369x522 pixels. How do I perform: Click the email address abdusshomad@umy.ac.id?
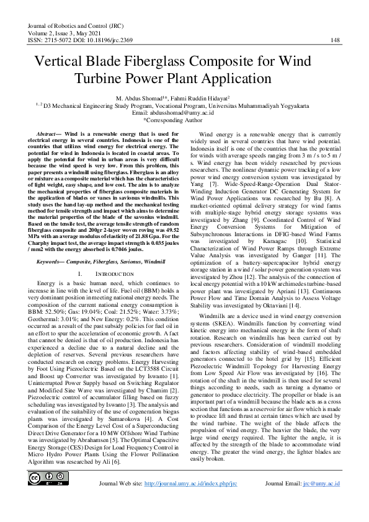(196, 114)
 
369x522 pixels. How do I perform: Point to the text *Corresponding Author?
(184, 122)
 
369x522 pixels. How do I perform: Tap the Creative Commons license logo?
(43, 479)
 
